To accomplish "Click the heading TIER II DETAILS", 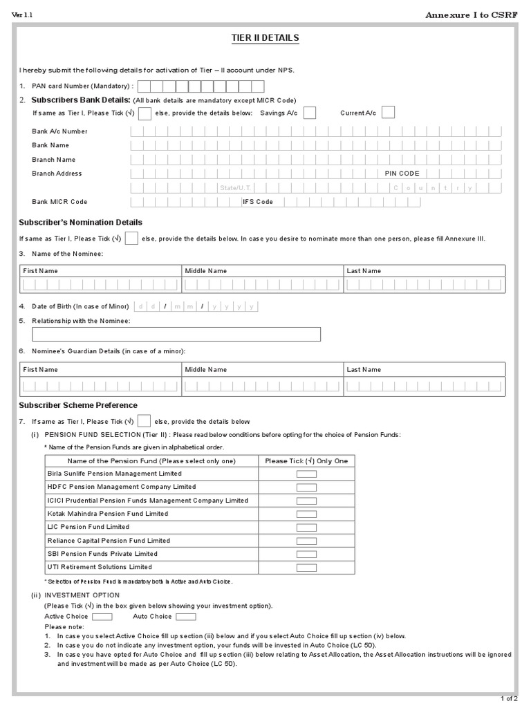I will (265, 37).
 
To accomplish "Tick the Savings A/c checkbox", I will (310, 113).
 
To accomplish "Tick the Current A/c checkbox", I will (388, 113).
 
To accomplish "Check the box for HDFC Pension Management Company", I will (306, 487).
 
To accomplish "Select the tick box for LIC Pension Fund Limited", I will (306, 528).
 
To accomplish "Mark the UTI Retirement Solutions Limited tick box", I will (306, 568).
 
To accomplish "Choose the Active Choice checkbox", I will (102, 617).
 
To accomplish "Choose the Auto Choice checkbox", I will (186, 617).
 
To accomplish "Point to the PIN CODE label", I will (402, 174).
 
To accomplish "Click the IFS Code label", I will (258, 202).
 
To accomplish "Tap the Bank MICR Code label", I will (59, 202).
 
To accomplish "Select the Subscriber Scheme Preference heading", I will (78, 405).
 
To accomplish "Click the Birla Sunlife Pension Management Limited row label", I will (114, 474).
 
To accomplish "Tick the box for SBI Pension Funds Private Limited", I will (306, 555).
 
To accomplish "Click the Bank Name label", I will (50, 145).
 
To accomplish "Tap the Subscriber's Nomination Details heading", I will (80, 222).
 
